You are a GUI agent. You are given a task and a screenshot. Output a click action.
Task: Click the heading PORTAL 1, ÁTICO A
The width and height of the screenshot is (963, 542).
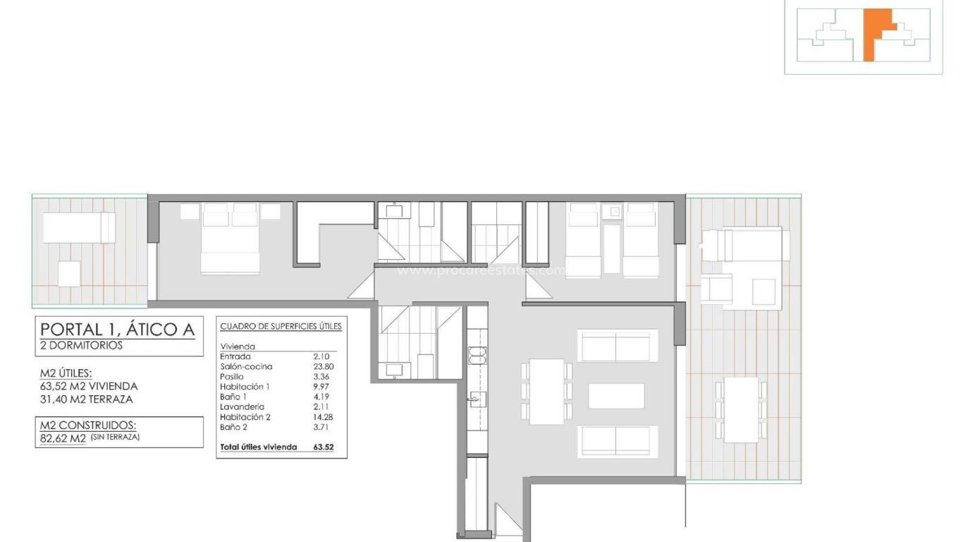(116, 329)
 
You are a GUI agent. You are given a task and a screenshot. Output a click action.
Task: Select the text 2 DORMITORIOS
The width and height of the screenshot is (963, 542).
(81, 346)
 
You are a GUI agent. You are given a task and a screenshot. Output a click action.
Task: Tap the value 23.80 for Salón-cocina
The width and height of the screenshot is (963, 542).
(321, 366)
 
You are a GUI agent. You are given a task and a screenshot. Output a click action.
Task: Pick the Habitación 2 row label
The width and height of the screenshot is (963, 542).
(244, 416)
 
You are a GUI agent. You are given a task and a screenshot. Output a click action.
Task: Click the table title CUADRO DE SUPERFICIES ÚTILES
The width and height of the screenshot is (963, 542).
(281, 326)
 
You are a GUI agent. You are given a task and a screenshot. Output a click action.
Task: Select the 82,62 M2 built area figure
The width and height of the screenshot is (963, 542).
(63, 438)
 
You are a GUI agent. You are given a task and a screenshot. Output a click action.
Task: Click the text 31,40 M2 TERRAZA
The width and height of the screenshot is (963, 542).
(87, 399)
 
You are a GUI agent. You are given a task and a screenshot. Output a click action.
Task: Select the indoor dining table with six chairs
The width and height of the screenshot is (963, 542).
(546, 391)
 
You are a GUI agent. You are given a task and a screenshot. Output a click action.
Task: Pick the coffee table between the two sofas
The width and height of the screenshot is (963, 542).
(616, 395)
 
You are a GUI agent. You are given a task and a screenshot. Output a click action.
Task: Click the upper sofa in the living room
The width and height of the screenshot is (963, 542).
(617, 346)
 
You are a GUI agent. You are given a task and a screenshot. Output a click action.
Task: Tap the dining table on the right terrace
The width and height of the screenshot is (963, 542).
(741, 409)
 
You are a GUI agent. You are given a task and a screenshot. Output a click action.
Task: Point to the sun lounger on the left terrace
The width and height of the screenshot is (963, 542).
(78, 228)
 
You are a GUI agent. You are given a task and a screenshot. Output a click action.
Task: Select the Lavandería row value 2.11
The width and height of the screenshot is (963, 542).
(321, 406)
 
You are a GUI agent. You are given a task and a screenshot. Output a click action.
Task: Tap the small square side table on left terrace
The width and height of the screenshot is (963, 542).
(69, 273)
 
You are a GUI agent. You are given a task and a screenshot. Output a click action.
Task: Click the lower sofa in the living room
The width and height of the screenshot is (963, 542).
(617, 441)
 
